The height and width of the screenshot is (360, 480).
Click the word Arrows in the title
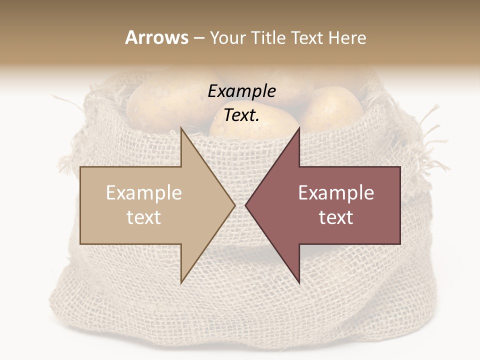(156, 38)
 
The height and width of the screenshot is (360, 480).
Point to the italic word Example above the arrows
(242, 91)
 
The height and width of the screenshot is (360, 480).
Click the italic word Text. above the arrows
(242, 115)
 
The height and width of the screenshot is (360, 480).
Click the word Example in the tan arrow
(144, 193)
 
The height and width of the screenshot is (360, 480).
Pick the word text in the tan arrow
(144, 217)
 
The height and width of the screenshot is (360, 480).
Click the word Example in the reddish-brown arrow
(336, 193)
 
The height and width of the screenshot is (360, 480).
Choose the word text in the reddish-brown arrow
(336, 217)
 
